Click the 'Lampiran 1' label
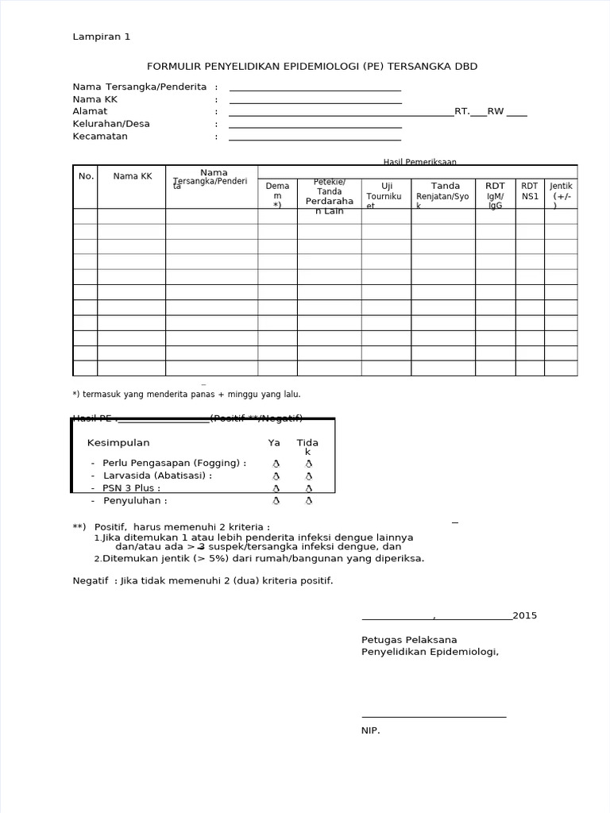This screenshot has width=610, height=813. [x=102, y=37]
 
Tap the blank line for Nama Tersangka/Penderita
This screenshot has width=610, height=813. [x=315, y=88]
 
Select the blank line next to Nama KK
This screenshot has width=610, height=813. [x=315, y=101]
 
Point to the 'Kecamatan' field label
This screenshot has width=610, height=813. [x=100, y=137]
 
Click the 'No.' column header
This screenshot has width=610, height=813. [x=86, y=176]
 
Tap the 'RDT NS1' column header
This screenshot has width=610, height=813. [x=530, y=191]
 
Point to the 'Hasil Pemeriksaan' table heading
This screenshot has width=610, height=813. [x=419, y=162]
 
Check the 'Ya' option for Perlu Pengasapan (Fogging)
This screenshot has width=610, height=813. [x=276, y=463]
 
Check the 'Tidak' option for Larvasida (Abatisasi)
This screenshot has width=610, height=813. [x=309, y=476]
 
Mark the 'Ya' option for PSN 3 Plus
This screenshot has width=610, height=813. [x=276, y=489]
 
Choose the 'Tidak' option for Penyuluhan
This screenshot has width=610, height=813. [x=309, y=501]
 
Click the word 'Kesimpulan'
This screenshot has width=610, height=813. [x=118, y=443]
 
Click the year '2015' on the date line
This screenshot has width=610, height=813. [x=525, y=616]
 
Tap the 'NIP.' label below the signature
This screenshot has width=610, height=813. [x=371, y=730]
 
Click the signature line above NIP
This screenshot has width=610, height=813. [x=434, y=716]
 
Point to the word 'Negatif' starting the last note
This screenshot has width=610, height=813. [x=91, y=580]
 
